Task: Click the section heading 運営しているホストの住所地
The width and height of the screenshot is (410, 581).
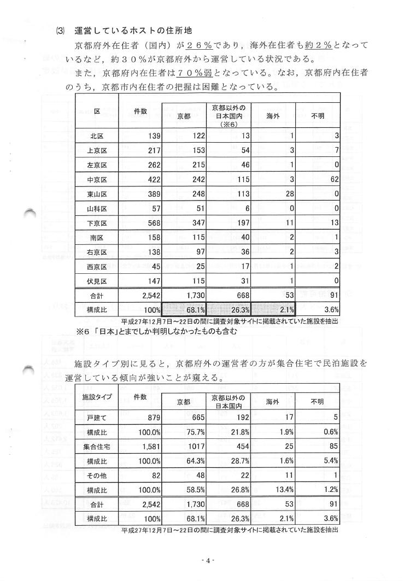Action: (133, 31)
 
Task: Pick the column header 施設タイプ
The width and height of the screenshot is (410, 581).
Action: (97, 396)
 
